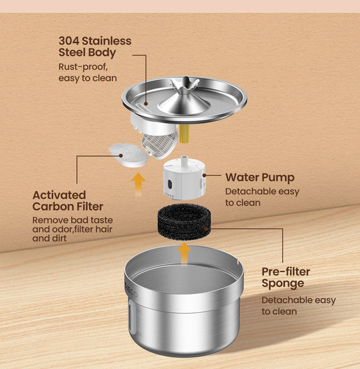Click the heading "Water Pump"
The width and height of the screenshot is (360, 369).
click(x=260, y=178)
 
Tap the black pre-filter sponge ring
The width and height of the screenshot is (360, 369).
click(x=184, y=222)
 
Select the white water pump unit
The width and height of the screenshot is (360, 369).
click(x=184, y=178)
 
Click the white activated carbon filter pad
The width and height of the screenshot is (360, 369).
click(x=128, y=155)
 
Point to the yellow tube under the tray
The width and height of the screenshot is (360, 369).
click(x=184, y=133)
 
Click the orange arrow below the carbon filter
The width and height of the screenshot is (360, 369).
click(x=138, y=184)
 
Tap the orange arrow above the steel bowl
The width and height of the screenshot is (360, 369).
click(x=184, y=253)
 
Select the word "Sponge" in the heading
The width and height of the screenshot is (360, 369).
click(x=282, y=283)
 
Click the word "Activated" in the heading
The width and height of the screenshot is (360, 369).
click(x=59, y=195)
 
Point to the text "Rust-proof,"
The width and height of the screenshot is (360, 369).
click(x=83, y=67)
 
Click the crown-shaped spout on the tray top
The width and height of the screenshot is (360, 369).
click(x=185, y=84)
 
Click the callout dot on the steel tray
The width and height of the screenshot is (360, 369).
click(x=146, y=103)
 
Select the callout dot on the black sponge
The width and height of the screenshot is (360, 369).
click(x=206, y=228)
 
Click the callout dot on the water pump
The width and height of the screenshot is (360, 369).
click(x=204, y=175)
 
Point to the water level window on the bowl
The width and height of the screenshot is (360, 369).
click(x=132, y=317)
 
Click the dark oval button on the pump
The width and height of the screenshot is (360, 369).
click(x=170, y=184)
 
